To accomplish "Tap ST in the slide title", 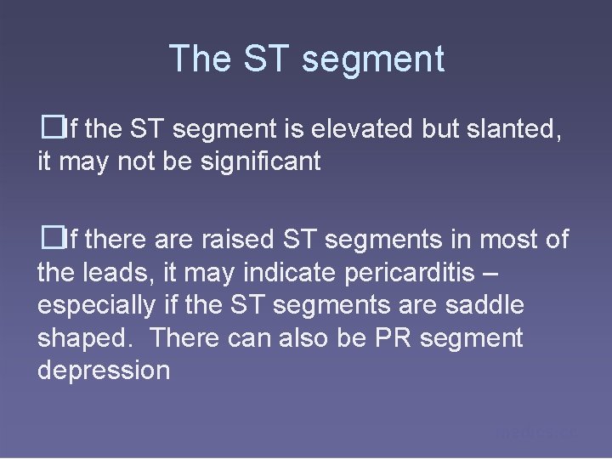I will pos(266,59).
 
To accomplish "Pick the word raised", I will pos(237,240).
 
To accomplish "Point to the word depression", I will pos(104,371).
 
